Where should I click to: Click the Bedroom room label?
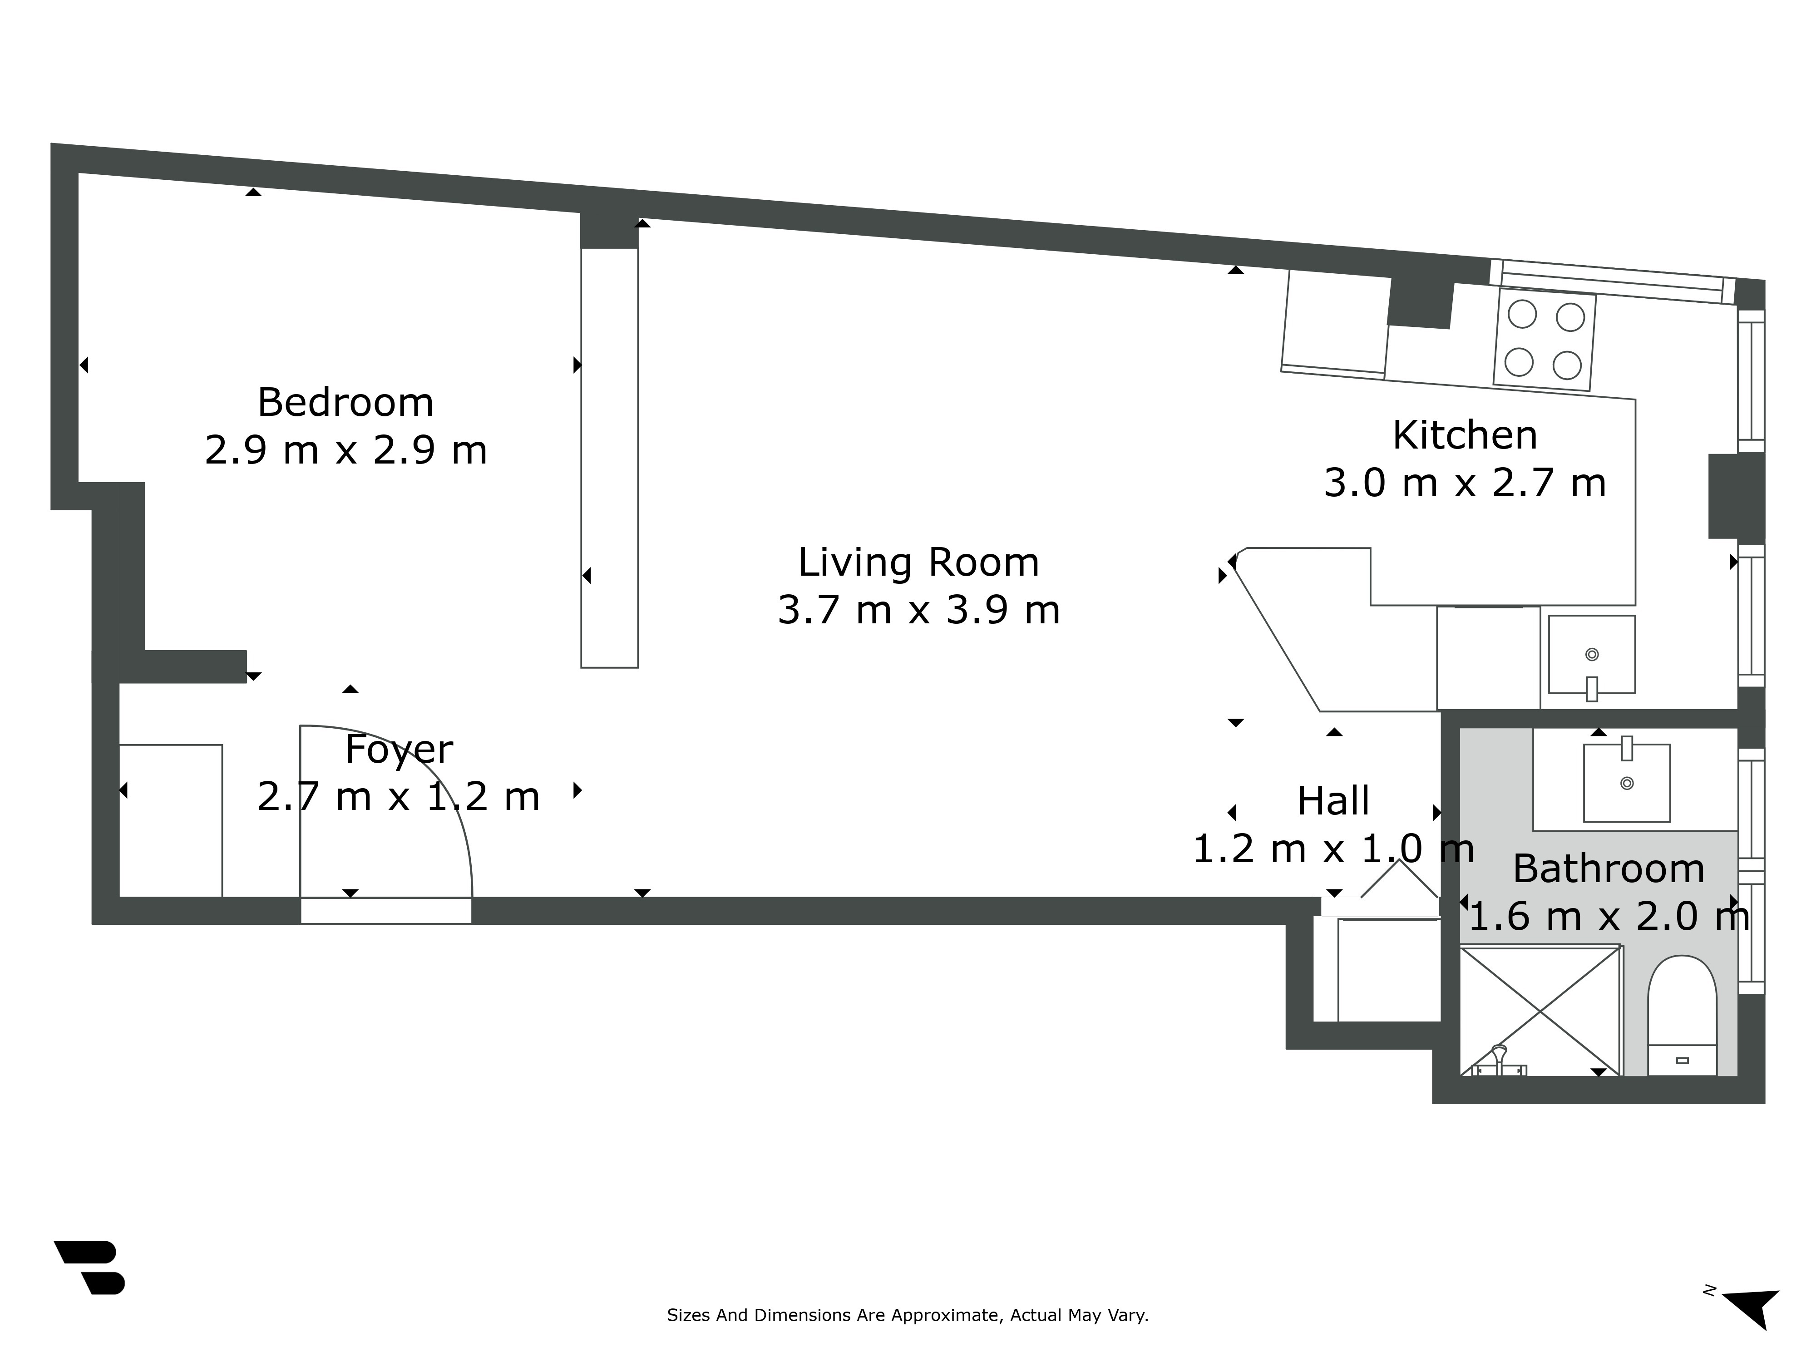(345, 402)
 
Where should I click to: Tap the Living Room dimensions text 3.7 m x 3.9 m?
(919, 610)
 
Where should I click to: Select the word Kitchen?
(1465, 435)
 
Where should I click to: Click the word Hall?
(1333, 800)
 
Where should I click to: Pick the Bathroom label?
(1608, 869)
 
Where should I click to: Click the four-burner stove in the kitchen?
(1544, 340)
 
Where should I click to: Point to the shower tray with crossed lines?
(1540, 1011)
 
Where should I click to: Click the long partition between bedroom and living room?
(609, 457)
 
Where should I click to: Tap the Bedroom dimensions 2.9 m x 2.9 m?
(345, 450)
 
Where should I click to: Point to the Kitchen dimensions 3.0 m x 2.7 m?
(1465, 483)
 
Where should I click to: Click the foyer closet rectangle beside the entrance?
(171, 821)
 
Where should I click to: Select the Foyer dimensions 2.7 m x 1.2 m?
(399, 796)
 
